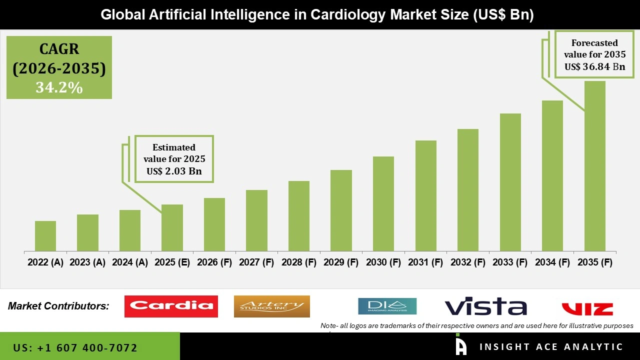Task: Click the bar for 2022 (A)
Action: coord(45,236)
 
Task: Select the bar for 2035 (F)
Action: coord(594,166)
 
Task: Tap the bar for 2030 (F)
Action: coord(383,203)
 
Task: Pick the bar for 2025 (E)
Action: coord(172,227)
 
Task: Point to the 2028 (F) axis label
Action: coord(299,262)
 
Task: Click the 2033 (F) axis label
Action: coord(510,262)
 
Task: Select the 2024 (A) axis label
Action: coord(130,262)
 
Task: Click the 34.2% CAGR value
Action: coord(59,87)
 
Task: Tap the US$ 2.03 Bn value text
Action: coord(174,171)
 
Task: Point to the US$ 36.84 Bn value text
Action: coord(594,66)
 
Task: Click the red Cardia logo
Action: coord(171,306)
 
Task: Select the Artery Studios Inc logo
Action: coord(271,306)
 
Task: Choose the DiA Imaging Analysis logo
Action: coord(387,306)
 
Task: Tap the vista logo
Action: coord(485,306)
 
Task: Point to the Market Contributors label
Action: coord(58,306)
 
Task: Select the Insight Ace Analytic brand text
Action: coord(551,346)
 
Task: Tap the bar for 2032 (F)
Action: coord(468,190)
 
